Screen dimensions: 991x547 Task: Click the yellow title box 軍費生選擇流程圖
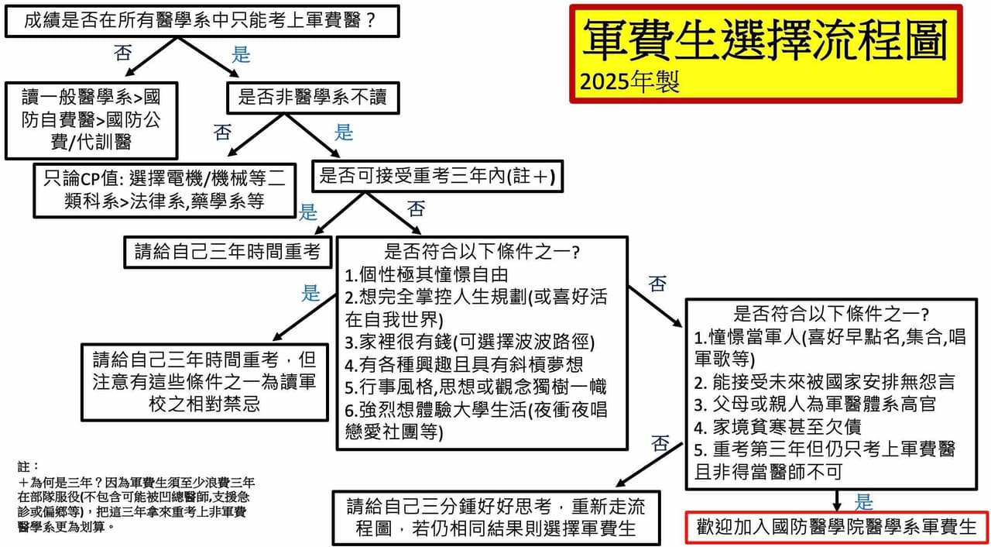click(x=766, y=54)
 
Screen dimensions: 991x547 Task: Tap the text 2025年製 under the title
click(x=629, y=82)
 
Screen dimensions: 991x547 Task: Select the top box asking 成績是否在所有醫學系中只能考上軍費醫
click(x=202, y=21)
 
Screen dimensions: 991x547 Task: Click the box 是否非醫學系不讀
click(x=314, y=98)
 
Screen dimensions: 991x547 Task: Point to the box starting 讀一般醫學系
click(x=91, y=120)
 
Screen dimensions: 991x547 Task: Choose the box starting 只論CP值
click(x=165, y=191)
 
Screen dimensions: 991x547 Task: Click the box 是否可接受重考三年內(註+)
click(x=437, y=176)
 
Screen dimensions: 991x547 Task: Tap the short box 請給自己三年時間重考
click(x=228, y=253)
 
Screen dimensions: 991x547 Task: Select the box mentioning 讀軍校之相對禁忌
click(x=205, y=382)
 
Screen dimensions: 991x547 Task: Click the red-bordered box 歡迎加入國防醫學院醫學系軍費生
click(x=837, y=527)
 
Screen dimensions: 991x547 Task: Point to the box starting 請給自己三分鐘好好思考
click(x=496, y=518)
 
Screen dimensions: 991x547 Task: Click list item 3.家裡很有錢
click(x=470, y=342)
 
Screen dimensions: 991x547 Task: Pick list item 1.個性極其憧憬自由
click(x=426, y=275)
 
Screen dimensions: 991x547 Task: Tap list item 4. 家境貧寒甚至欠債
click(x=778, y=428)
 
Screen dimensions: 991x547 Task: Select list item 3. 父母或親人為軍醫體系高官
click(x=815, y=404)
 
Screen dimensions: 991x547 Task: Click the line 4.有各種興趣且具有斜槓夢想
click(x=464, y=365)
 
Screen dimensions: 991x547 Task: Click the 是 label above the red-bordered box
click(x=863, y=502)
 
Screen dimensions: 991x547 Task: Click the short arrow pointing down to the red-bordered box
click(x=837, y=501)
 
